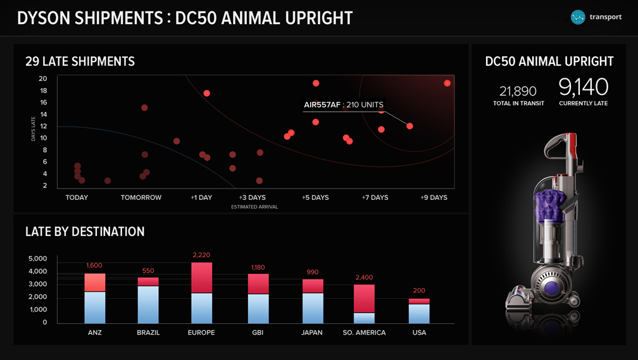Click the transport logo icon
click(578, 17)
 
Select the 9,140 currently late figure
click(583, 87)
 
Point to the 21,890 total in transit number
click(518, 91)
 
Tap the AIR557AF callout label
click(344, 105)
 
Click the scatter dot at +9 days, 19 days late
click(447, 83)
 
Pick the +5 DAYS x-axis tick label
click(315, 197)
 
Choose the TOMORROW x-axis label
click(141, 197)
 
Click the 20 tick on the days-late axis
click(43, 78)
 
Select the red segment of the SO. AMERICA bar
click(364, 299)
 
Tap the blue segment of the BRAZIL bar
click(148, 304)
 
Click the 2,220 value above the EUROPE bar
click(201, 255)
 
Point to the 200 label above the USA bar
click(419, 291)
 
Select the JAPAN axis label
click(312, 333)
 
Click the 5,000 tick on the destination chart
click(38, 259)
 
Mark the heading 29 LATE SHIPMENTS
click(80, 61)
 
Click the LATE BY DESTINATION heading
click(85, 232)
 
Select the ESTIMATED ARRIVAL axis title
click(254, 207)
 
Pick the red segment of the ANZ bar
click(95, 282)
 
